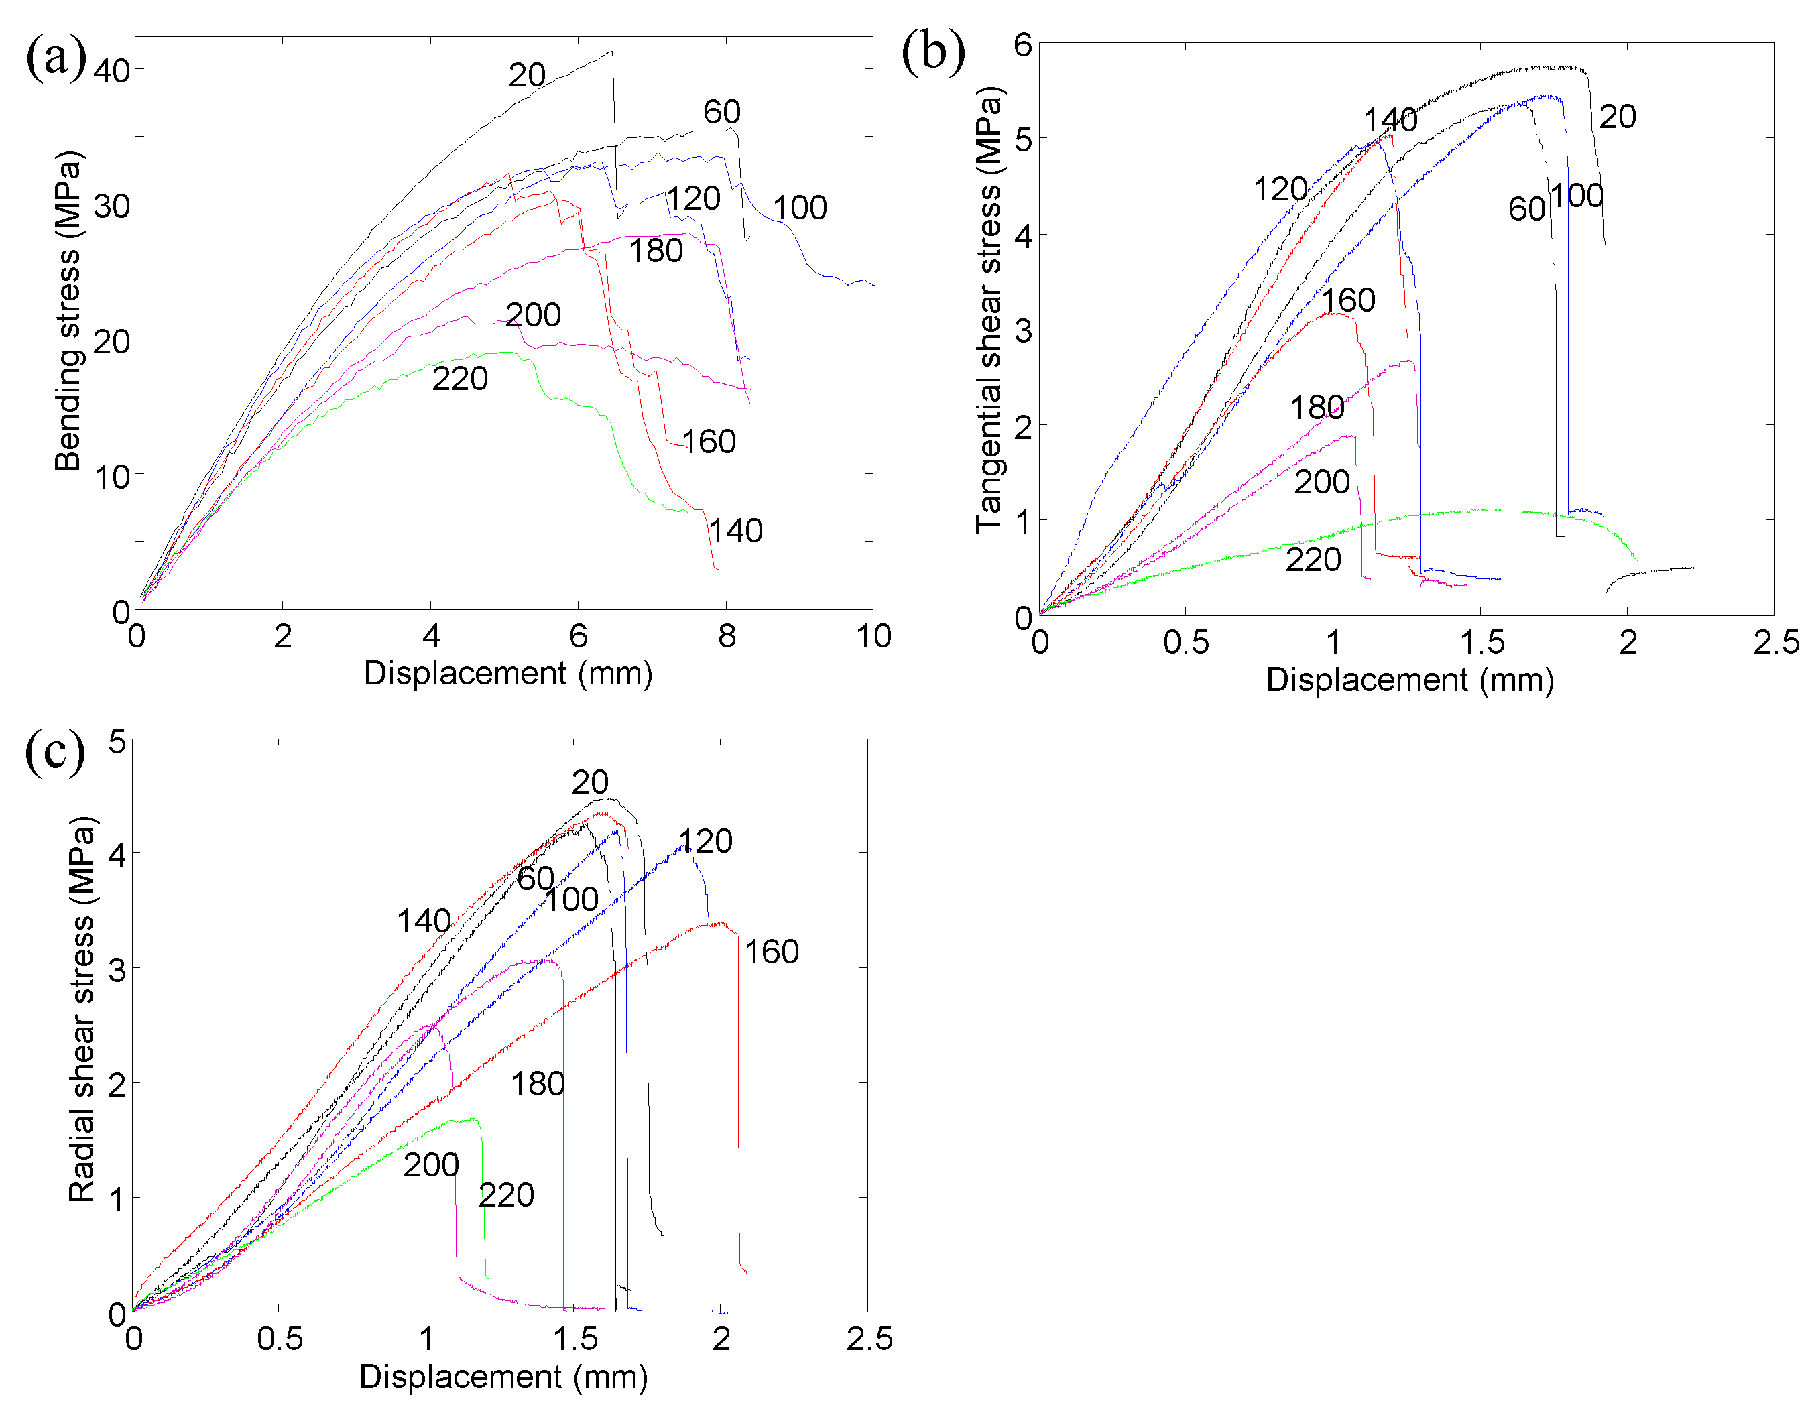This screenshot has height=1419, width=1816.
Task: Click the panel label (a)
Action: click(56, 58)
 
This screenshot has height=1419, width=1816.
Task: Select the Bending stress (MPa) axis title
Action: click(68, 311)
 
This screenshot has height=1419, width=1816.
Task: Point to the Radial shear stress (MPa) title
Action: click(82, 1009)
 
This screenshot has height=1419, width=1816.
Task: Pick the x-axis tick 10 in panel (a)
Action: click(873, 637)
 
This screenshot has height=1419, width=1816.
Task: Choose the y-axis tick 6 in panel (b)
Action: click(1023, 44)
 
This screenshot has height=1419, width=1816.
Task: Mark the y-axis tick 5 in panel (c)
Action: click(117, 741)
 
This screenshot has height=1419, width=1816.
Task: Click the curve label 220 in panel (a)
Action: click(460, 379)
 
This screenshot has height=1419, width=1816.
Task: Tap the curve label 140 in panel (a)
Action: click(735, 530)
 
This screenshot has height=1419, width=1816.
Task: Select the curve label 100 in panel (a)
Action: click(800, 208)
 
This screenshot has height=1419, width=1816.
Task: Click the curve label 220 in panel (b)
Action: click(1313, 560)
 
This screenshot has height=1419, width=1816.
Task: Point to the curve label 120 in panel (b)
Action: click(1280, 190)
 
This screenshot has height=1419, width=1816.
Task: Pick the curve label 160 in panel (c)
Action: click(771, 952)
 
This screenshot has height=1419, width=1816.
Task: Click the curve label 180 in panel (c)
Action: click(537, 1084)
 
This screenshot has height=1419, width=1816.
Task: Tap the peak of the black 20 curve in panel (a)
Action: click(611, 52)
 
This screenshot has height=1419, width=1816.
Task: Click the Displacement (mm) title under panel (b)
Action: click(1409, 680)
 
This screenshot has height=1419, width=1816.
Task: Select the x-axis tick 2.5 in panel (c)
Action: click(869, 1339)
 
